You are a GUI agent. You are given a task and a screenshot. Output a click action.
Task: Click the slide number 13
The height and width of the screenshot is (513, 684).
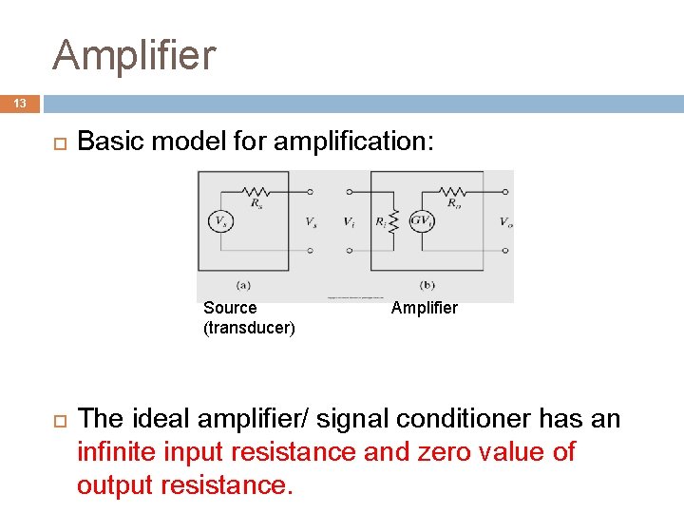(20, 103)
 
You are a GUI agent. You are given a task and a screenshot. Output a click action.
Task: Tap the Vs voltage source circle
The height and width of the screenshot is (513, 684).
(220, 220)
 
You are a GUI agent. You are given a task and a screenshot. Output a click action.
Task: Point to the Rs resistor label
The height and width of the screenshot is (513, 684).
(256, 201)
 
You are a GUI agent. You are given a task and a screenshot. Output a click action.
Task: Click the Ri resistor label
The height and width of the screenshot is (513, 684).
(381, 221)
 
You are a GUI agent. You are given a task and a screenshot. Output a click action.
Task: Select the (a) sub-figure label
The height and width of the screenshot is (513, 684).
(242, 284)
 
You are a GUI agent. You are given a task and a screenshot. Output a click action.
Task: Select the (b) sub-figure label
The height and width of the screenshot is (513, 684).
(427, 284)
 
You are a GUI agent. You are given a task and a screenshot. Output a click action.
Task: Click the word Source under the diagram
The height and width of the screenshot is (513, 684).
(230, 308)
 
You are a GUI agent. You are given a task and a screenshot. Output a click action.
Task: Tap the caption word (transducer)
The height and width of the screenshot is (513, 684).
(250, 329)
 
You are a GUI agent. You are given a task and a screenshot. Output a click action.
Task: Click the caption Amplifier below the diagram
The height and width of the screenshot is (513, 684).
(425, 308)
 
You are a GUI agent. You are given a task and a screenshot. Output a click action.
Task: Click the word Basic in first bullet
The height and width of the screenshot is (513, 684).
(105, 142)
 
